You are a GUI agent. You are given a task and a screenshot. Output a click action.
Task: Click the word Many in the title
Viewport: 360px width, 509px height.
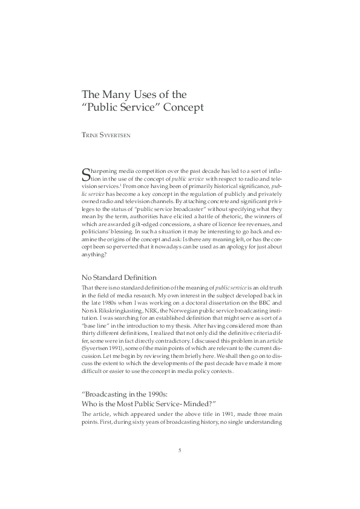coord(121,95)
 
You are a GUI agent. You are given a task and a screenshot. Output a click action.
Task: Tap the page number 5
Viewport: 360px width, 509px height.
coord(180,450)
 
